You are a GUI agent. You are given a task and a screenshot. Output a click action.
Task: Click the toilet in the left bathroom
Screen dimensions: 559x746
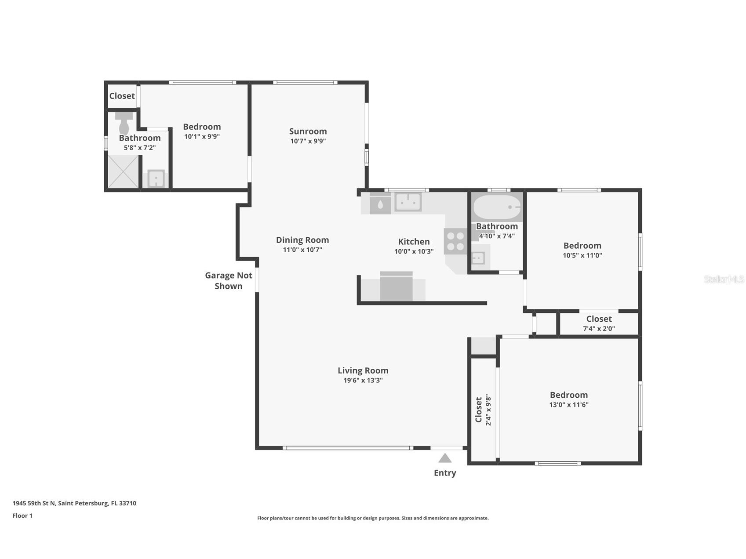(124, 124)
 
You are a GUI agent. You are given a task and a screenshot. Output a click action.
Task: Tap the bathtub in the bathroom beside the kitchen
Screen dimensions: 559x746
(497, 207)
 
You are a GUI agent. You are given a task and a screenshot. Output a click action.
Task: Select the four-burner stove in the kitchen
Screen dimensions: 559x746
(455, 241)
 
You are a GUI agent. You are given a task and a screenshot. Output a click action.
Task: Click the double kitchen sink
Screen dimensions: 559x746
(408, 202)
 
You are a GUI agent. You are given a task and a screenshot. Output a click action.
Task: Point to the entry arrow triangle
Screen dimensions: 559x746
(445, 458)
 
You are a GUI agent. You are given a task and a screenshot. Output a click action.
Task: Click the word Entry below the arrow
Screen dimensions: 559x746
(445, 473)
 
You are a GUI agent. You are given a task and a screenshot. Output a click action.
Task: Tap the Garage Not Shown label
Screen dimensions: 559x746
(229, 280)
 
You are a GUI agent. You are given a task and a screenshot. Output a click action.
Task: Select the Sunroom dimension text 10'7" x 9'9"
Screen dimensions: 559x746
(308, 141)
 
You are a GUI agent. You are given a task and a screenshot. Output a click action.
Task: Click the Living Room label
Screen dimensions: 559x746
(363, 370)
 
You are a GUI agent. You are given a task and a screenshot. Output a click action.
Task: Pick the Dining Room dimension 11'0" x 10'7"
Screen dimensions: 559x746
(302, 250)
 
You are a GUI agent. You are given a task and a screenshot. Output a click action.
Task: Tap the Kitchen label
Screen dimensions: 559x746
(414, 241)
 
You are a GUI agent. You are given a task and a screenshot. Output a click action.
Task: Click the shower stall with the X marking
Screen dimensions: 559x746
(123, 171)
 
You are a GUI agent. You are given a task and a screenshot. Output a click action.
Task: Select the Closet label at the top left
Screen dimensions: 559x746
(122, 96)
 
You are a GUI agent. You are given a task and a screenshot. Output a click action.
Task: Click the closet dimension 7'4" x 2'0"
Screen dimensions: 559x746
(599, 328)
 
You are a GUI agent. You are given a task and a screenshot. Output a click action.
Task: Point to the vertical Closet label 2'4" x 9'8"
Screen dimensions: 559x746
(483, 410)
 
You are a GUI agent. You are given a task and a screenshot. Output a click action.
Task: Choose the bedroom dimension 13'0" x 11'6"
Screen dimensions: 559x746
(568, 405)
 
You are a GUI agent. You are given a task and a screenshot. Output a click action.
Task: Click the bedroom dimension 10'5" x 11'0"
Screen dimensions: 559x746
(582, 255)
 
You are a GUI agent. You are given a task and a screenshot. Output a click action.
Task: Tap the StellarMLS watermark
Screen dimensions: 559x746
(724, 279)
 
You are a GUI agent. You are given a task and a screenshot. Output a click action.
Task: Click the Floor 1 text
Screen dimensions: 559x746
(22, 515)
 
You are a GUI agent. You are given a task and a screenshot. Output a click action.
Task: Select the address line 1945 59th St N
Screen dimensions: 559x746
(74, 503)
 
